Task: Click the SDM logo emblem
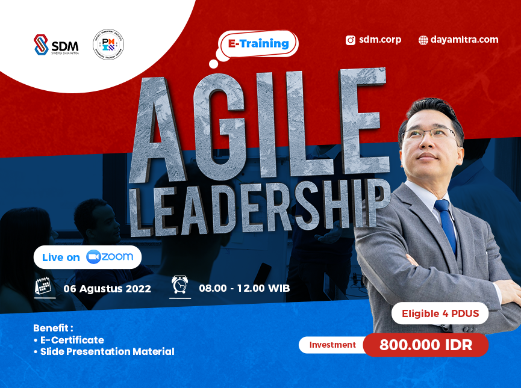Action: [x=41, y=45]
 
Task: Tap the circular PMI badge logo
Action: [x=108, y=45]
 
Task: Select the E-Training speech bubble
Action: [x=259, y=44]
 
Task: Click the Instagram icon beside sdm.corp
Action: [x=350, y=40]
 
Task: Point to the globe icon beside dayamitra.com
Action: [x=423, y=40]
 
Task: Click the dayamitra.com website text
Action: [x=464, y=40]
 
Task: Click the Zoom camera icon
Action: [x=93, y=257]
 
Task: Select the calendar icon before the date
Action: [x=44, y=286]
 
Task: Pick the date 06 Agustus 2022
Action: [x=107, y=288]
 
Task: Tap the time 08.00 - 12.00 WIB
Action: [x=245, y=288]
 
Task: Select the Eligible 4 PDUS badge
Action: [x=440, y=313]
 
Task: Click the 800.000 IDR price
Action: [x=426, y=345]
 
